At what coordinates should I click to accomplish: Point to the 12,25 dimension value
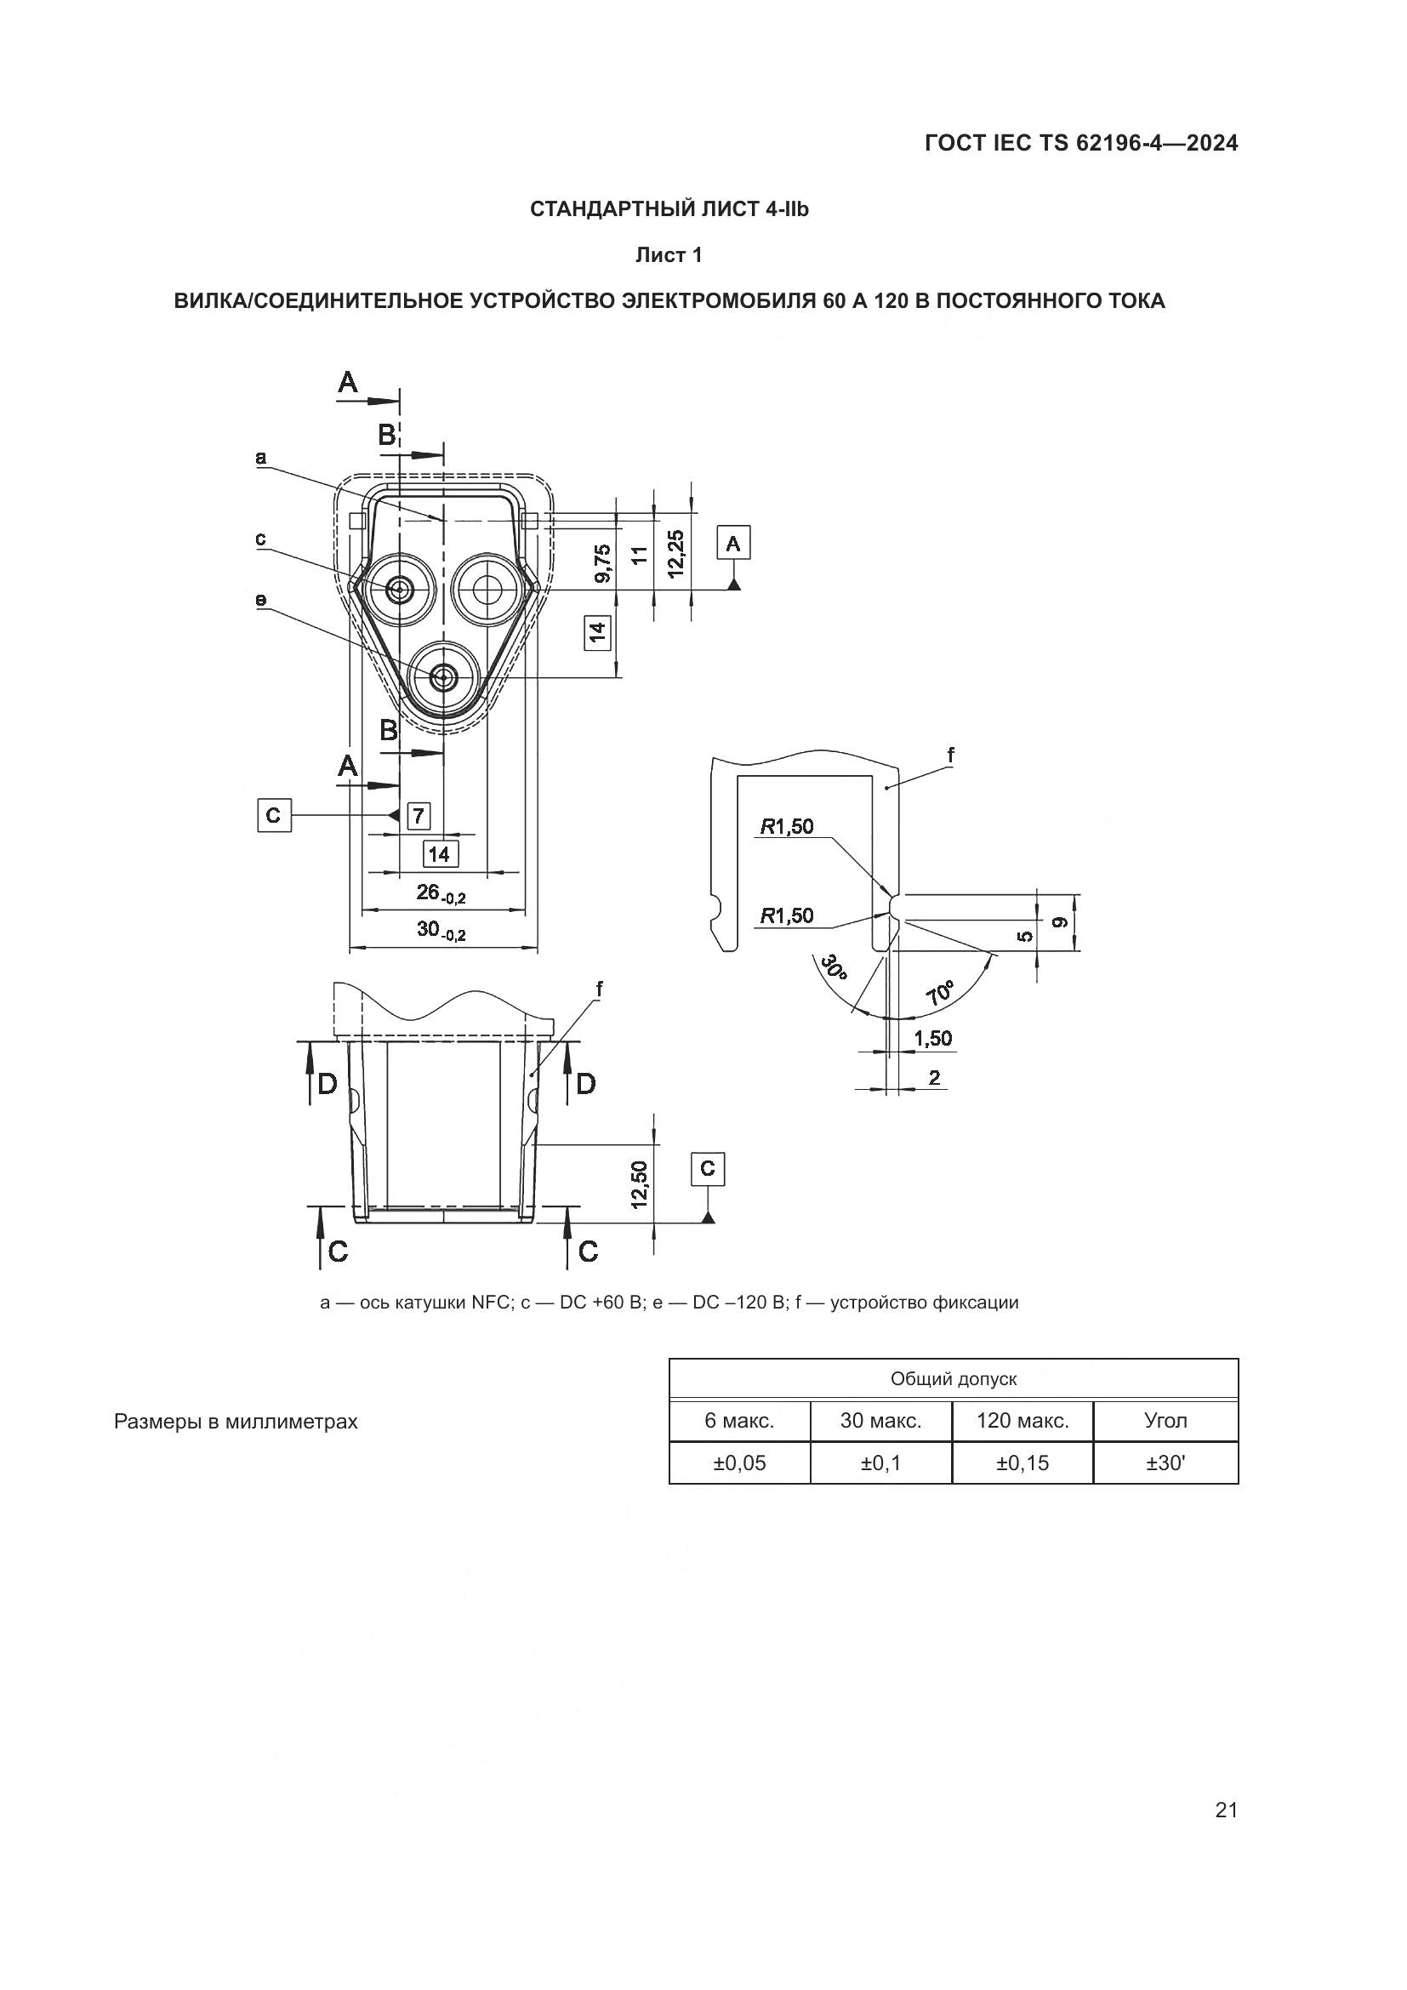pos(676,552)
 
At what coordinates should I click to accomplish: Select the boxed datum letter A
pos(733,544)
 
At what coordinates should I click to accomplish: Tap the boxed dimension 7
pos(419,816)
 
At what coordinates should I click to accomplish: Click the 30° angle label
pos(834,966)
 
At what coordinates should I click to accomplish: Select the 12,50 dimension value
pos(640,1184)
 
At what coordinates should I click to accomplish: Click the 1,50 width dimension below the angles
pos(932,1038)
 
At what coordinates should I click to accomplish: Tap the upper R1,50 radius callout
pos(788,826)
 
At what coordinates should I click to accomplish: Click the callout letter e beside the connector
pos(261,600)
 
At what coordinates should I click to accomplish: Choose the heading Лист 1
pos(668,255)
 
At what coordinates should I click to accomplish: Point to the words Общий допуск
pos(953,1379)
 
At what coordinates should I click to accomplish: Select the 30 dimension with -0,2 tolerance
pos(441,930)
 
